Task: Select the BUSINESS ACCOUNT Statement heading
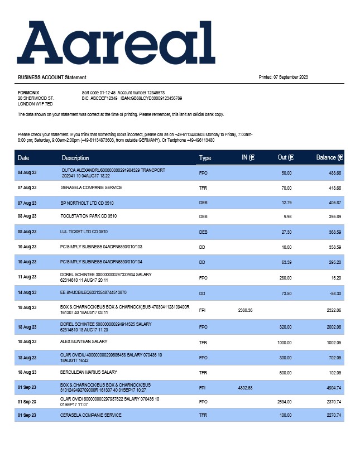(x=52, y=78)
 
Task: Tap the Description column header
(x=75, y=158)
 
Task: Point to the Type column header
(x=205, y=158)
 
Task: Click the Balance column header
(x=329, y=158)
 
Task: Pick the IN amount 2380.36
(x=246, y=310)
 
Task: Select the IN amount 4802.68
(x=246, y=388)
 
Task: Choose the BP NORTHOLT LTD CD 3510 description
(x=87, y=203)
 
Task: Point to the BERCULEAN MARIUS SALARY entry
(x=89, y=372)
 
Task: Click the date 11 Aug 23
(x=27, y=277)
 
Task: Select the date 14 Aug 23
(x=27, y=292)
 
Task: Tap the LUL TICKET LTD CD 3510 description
(x=84, y=232)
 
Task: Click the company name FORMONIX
(x=28, y=93)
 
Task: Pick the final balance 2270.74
(x=332, y=416)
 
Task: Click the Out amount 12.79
(x=285, y=203)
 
